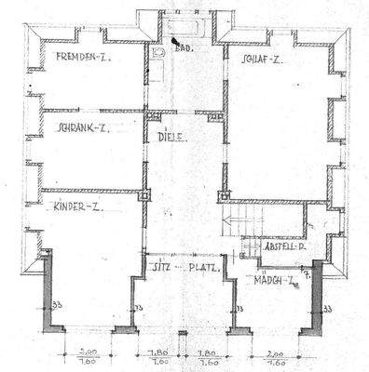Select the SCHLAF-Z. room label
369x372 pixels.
click(x=262, y=59)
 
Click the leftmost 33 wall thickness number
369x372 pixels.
click(x=55, y=306)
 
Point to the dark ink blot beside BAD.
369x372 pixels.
click(x=175, y=40)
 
